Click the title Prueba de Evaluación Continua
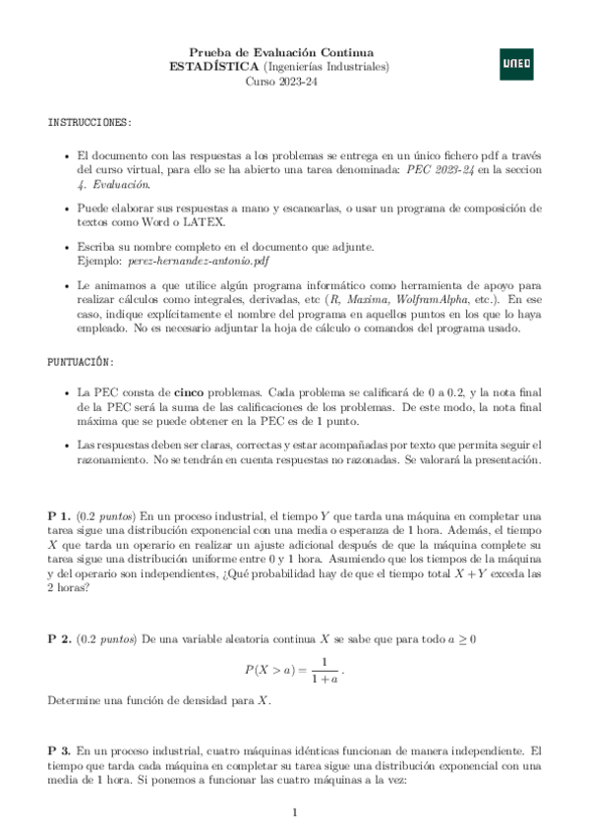click(x=280, y=51)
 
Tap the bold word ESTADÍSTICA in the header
click(x=215, y=66)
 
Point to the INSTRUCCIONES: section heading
click(x=90, y=122)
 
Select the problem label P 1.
click(x=59, y=515)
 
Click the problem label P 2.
click(x=59, y=640)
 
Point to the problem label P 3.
click(x=59, y=749)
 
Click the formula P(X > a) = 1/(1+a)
click(x=295, y=671)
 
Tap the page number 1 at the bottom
click(x=295, y=811)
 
